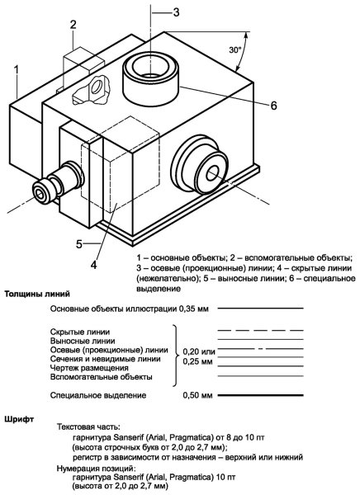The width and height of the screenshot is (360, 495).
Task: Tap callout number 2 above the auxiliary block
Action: tap(73, 25)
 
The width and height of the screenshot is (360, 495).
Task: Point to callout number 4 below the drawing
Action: tap(94, 265)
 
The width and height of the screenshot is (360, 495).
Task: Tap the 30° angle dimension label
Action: tap(235, 50)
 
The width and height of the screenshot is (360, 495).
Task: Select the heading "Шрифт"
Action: tap(20, 419)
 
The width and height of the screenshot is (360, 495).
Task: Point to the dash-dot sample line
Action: tap(258, 350)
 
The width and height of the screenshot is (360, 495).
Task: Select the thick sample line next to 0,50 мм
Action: tap(258, 396)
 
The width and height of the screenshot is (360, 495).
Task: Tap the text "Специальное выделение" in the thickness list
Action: tap(98, 395)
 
